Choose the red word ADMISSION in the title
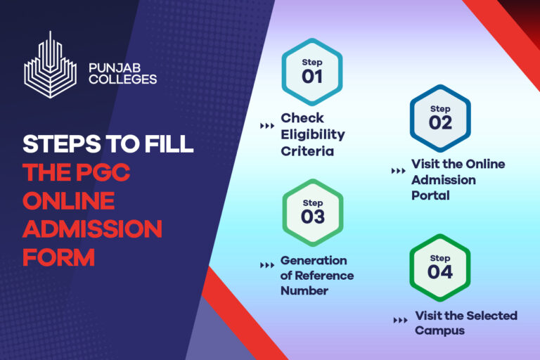coord(92,229)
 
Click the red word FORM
coord(58,257)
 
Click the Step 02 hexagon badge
coord(439,117)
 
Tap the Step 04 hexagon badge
coord(439,266)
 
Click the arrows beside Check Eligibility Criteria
coord(267,127)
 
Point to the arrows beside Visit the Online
coord(397,171)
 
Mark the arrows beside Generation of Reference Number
coord(267,266)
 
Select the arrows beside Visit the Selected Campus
coord(400,321)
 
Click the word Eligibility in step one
coord(313,134)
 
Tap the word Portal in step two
coord(430,195)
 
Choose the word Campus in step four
coord(439,330)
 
